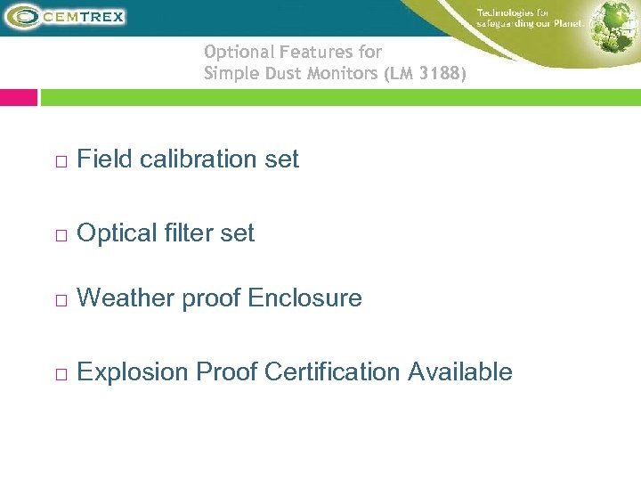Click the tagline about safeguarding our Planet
[x=530, y=18]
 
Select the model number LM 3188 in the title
[x=426, y=74]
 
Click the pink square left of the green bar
[x=19, y=97]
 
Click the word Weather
[x=126, y=298]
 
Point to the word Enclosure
[x=305, y=298]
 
